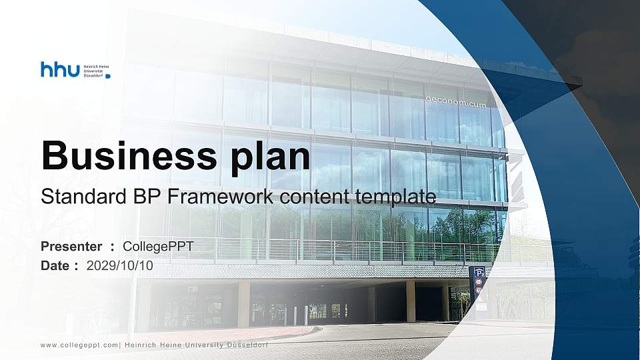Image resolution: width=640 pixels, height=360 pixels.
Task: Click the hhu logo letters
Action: (x=60, y=69)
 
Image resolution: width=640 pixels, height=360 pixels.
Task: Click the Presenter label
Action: (x=71, y=247)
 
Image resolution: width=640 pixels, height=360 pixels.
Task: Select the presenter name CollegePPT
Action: (x=159, y=247)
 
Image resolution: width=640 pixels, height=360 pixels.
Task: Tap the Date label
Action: (x=55, y=265)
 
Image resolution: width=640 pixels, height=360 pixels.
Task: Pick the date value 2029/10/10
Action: (x=120, y=265)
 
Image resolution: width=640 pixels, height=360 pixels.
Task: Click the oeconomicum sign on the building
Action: (x=456, y=101)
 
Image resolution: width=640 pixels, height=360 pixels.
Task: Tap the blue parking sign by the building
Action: (x=479, y=272)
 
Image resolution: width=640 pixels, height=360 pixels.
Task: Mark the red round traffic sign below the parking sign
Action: (x=479, y=282)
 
